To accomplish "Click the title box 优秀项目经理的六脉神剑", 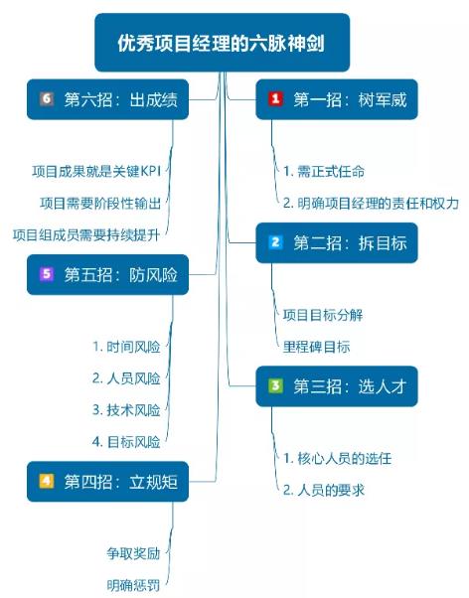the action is pos(223,43).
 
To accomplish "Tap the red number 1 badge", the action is pos(275,99).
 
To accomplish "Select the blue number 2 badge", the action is pos(275,242).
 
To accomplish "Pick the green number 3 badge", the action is pos(275,386).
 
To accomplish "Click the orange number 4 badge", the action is pos(47,482).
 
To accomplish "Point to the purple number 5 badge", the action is pos(47,274).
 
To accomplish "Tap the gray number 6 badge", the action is pos(47,99).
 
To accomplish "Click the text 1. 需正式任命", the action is pos(324,171).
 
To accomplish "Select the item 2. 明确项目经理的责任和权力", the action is pos(371,203).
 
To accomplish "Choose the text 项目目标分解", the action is pos(323,315).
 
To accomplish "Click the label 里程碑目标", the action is pos(316,347).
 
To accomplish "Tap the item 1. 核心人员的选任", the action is pos(338,458).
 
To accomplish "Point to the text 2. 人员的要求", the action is pos(324,490).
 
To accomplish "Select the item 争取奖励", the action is pos(133,553).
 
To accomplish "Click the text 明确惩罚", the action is pos(133,585).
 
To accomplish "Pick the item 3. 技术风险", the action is pos(126,410).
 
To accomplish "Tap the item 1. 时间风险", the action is pos(126,347).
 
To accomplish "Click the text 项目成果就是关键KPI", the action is pos(96,171).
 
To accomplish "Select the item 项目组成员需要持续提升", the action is pos(86,234).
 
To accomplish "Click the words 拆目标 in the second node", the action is pos(383,243).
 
